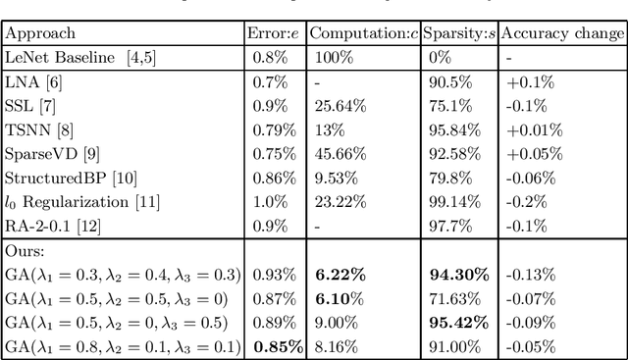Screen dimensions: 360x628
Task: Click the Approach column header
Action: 35,32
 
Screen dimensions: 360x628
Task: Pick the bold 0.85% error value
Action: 279,334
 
